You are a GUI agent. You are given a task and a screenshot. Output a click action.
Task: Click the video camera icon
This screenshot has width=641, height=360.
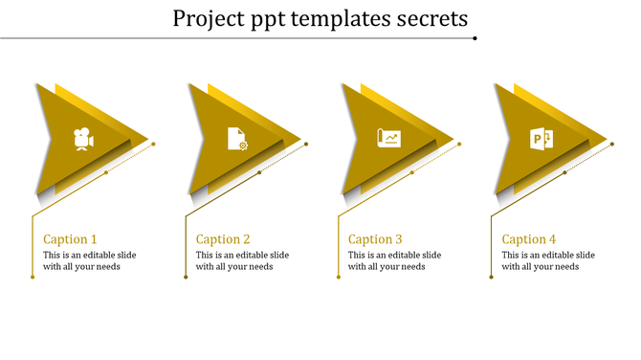point(84,139)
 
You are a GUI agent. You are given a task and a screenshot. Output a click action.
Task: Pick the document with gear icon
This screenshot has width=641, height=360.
point(236,139)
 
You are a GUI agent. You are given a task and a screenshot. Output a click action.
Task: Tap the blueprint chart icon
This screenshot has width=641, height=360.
point(389,139)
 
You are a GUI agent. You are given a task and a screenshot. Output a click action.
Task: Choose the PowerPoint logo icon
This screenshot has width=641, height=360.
point(542,139)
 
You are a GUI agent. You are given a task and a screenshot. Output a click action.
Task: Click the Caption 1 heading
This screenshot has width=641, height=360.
point(71,239)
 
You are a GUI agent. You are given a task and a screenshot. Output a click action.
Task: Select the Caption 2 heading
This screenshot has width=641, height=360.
point(223,239)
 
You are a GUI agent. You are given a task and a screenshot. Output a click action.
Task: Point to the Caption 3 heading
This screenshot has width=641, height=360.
point(375,239)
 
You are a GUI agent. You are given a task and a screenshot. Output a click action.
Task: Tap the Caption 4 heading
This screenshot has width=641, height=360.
point(529,239)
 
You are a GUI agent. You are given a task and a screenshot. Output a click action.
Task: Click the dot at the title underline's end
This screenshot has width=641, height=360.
point(475,38)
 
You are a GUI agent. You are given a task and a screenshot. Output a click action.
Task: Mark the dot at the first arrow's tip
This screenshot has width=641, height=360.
point(154,144)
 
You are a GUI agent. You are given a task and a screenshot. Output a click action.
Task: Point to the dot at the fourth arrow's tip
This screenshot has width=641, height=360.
point(612,144)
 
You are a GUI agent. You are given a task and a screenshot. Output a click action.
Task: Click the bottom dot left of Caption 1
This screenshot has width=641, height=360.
point(33,278)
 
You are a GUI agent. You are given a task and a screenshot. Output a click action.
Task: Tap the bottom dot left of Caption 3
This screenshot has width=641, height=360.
point(339,278)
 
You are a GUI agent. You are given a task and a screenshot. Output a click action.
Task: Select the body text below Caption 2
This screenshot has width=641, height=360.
point(242,260)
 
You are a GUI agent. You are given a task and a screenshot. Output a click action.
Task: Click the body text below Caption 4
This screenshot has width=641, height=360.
point(548,260)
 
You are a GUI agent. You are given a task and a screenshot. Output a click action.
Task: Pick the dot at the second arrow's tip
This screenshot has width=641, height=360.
point(306,144)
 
